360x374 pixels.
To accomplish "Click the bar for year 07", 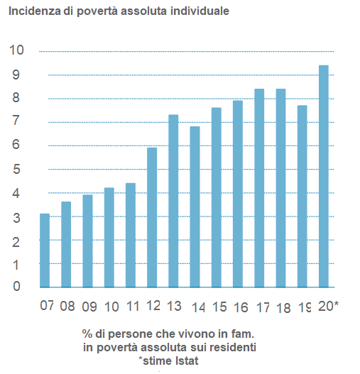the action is click(x=45, y=251).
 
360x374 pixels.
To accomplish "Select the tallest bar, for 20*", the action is click(x=324, y=176).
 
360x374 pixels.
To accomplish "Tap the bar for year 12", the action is click(x=152, y=218).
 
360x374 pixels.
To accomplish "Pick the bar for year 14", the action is click(x=195, y=207).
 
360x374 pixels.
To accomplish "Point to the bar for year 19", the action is click(x=302, y=197).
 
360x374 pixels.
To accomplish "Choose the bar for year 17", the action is click(x=259, y=188).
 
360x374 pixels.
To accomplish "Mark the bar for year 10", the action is click(x=109, y=238).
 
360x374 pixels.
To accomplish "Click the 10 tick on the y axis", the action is click(x=16, y=50).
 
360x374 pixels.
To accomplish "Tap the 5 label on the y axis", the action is click(x=16, y=170).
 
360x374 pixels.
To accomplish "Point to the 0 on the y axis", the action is click(x=16, y=286).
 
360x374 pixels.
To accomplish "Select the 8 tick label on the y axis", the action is click(x=16, y=97).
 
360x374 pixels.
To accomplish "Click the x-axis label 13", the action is click(x=174, y=306).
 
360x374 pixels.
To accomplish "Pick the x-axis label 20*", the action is click(x=329, y=306).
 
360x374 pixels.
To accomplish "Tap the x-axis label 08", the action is click(x=67, y=306).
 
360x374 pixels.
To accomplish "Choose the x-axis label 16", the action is click(x=241, y=307).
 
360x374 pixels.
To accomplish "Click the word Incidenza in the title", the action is click(x=35, y=11).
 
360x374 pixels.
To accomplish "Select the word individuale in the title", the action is click(x=200, y=11).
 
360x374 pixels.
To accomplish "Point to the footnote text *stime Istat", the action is click(x=168, y=361).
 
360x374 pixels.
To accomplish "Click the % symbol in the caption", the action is click(x=87, y=334).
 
